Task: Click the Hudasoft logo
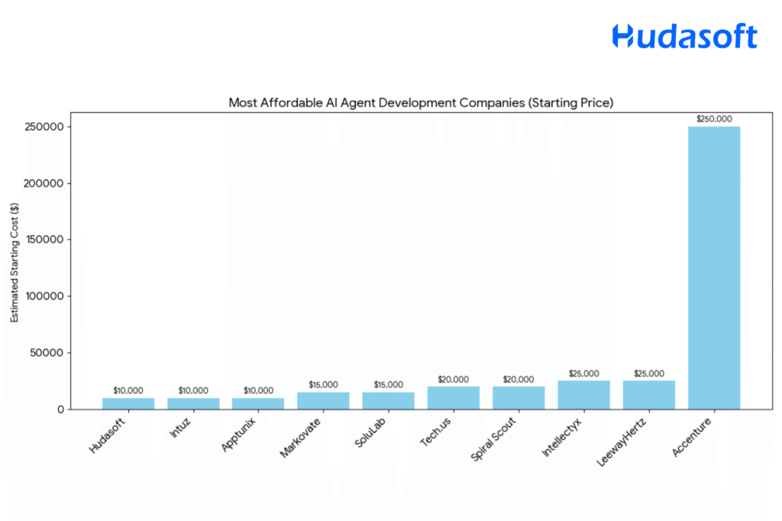point(684,36)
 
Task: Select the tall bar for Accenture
point(713,267)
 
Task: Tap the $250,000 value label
point(713,118)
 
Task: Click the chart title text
point(421,102)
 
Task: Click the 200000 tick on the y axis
point(45,183)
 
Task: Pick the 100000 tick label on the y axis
point(45,296)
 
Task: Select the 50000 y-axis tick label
point(48,353)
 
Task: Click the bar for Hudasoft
point(128,403)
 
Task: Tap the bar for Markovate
point(323,401)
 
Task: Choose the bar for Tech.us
point(453,398)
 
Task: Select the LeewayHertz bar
point(648,395)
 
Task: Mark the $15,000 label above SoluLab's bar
point(388,384)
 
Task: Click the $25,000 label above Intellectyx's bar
point(583,374)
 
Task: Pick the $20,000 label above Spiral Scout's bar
point(519,379)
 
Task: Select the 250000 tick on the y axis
point(45,127)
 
